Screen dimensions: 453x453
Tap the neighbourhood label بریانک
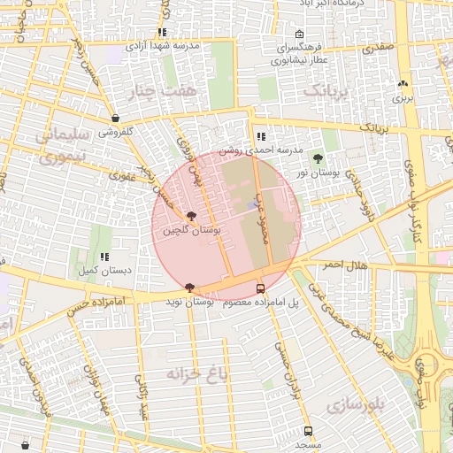(326, 91)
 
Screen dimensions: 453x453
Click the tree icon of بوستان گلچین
(191, 217)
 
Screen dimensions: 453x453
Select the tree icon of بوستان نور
(318, 159)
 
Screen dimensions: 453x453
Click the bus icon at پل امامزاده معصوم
(259, 288)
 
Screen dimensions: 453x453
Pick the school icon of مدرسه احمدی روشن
(260, 137)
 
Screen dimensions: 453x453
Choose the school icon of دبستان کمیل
(104, 257)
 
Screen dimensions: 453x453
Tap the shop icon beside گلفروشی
(115, 118)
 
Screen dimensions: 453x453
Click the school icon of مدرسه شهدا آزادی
(162, 32)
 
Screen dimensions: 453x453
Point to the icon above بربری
(403, 83)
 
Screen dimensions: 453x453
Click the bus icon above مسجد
(307, 431)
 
